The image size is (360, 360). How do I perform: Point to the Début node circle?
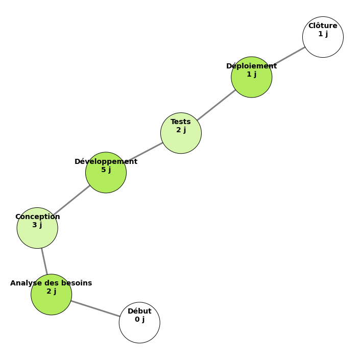(x=139, y=329)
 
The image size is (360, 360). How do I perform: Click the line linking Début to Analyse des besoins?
(x=95, y=308)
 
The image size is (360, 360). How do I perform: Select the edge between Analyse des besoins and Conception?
(x=44, y=261)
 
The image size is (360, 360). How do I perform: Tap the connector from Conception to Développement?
(x=71, y=200)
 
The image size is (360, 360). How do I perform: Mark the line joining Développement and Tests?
(x=145, y=152)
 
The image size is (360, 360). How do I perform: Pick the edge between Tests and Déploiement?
(x=216, y=105)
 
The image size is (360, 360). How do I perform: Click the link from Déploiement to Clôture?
(x=287, y=57)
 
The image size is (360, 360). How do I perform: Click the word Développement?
(x=106, y=162)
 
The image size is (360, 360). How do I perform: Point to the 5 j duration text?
(x=106, y=170)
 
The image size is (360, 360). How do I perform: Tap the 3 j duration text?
(x=37, y=225)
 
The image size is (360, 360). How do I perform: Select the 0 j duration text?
(x=139, y=320)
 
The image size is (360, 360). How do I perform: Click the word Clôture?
(x=323, y=26)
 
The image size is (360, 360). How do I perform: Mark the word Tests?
(x=181, y=122)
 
